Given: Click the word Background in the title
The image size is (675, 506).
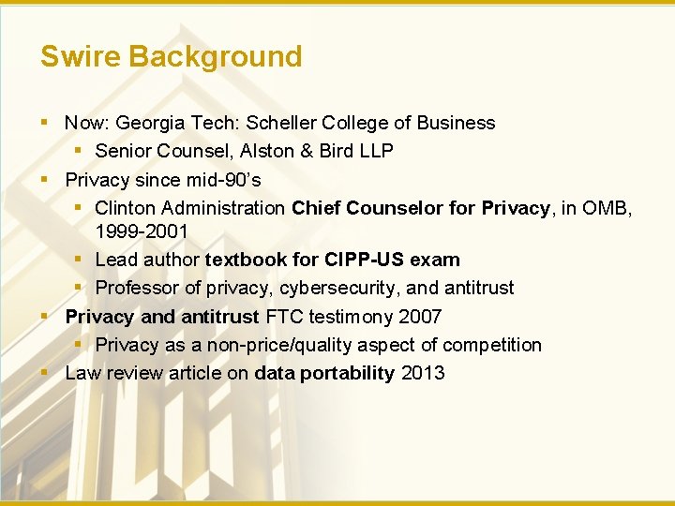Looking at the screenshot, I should pyautogui.click(x=216, y=56).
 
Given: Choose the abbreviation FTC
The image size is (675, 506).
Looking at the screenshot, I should pyautogui.click(x=281, y=317).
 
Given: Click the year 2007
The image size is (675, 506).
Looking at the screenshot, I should pyautogui.click(x=419, y=317).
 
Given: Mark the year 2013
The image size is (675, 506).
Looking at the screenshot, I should pyautogui.click(x=423, y=373).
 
